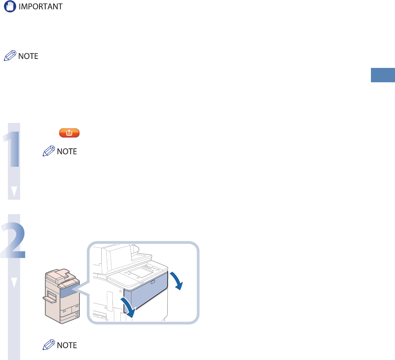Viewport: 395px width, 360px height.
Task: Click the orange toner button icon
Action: click(x=69, y=133)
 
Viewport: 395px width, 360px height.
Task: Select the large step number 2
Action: click(x=14, y=240)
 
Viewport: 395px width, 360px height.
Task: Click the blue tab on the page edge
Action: click(x=383, y=76)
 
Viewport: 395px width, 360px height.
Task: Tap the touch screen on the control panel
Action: click(x=139, y=271)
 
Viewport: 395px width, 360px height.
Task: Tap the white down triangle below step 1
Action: click(x=14, y=192)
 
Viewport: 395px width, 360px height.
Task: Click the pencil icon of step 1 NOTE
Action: click(x=49, y=152)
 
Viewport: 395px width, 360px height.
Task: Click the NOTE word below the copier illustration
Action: click(x=67, y=345)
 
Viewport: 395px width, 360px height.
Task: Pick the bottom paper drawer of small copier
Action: click(x=70, y=317)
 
